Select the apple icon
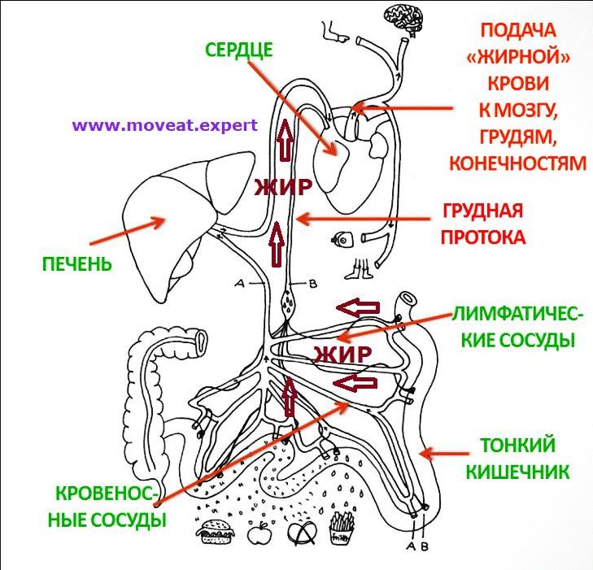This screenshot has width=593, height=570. point(259,533)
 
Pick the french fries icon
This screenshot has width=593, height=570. point(339,533)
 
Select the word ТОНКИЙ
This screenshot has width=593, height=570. point(517,446)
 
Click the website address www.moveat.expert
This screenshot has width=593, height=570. point(164,126)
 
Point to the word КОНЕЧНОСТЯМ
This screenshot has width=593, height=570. point(517,163)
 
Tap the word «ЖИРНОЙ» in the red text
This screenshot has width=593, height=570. point(517,57)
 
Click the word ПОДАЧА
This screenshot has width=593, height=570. point(517,31)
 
